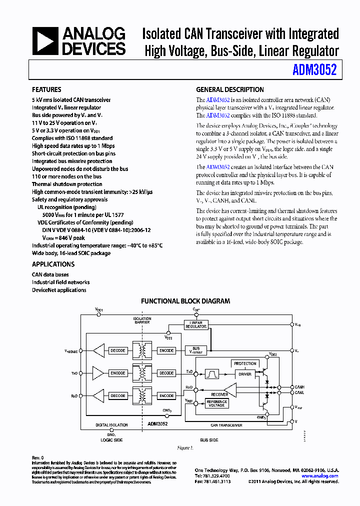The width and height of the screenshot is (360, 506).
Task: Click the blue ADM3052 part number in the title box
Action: (314, 70)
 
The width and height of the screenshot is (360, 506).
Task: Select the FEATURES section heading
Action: (46, 90)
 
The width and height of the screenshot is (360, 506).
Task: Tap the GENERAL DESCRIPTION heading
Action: (229, 90)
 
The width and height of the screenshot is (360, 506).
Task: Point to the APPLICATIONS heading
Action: (53, 264)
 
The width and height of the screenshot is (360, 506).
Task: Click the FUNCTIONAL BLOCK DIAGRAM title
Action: (185, 301)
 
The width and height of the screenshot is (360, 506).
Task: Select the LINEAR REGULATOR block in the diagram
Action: (196, 324)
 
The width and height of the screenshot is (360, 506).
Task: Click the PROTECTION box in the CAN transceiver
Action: (245, 363)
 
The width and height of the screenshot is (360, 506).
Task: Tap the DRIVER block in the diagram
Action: (245, 373)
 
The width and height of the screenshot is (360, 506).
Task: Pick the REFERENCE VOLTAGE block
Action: (216, 403)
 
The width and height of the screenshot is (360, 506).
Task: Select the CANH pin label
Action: (299, 387)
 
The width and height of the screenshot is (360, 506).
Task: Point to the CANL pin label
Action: (299, 392)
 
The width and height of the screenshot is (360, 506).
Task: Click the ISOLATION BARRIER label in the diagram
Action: (142, 320)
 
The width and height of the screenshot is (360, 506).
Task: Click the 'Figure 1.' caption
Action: (185, 448)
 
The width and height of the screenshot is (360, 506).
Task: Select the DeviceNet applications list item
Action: (59, 290)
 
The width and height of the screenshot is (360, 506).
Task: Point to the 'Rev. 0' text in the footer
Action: (38, 457)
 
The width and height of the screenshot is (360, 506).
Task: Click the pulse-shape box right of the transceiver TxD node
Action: (212, 373)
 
